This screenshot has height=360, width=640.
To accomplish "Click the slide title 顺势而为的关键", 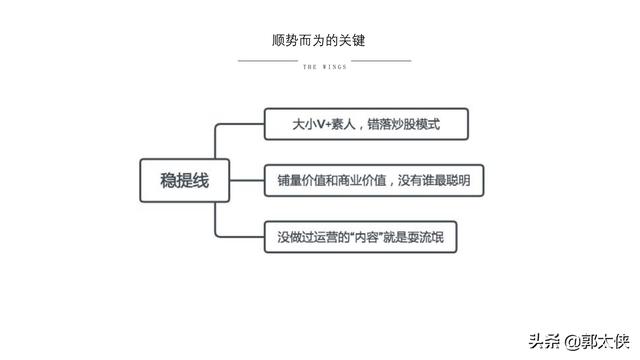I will [x=321, y=41].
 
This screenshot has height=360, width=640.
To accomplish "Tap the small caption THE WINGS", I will [x=324, y=68].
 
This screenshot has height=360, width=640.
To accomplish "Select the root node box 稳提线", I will [x=185, y=182].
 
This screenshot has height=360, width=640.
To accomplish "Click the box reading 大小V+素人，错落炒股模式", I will [x=366, y=125].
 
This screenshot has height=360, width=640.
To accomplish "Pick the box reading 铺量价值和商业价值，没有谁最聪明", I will [x=373, y=181].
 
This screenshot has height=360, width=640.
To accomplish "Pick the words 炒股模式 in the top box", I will [x=416, y=125].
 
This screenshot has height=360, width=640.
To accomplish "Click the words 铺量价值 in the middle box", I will [x=301, y=181].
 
